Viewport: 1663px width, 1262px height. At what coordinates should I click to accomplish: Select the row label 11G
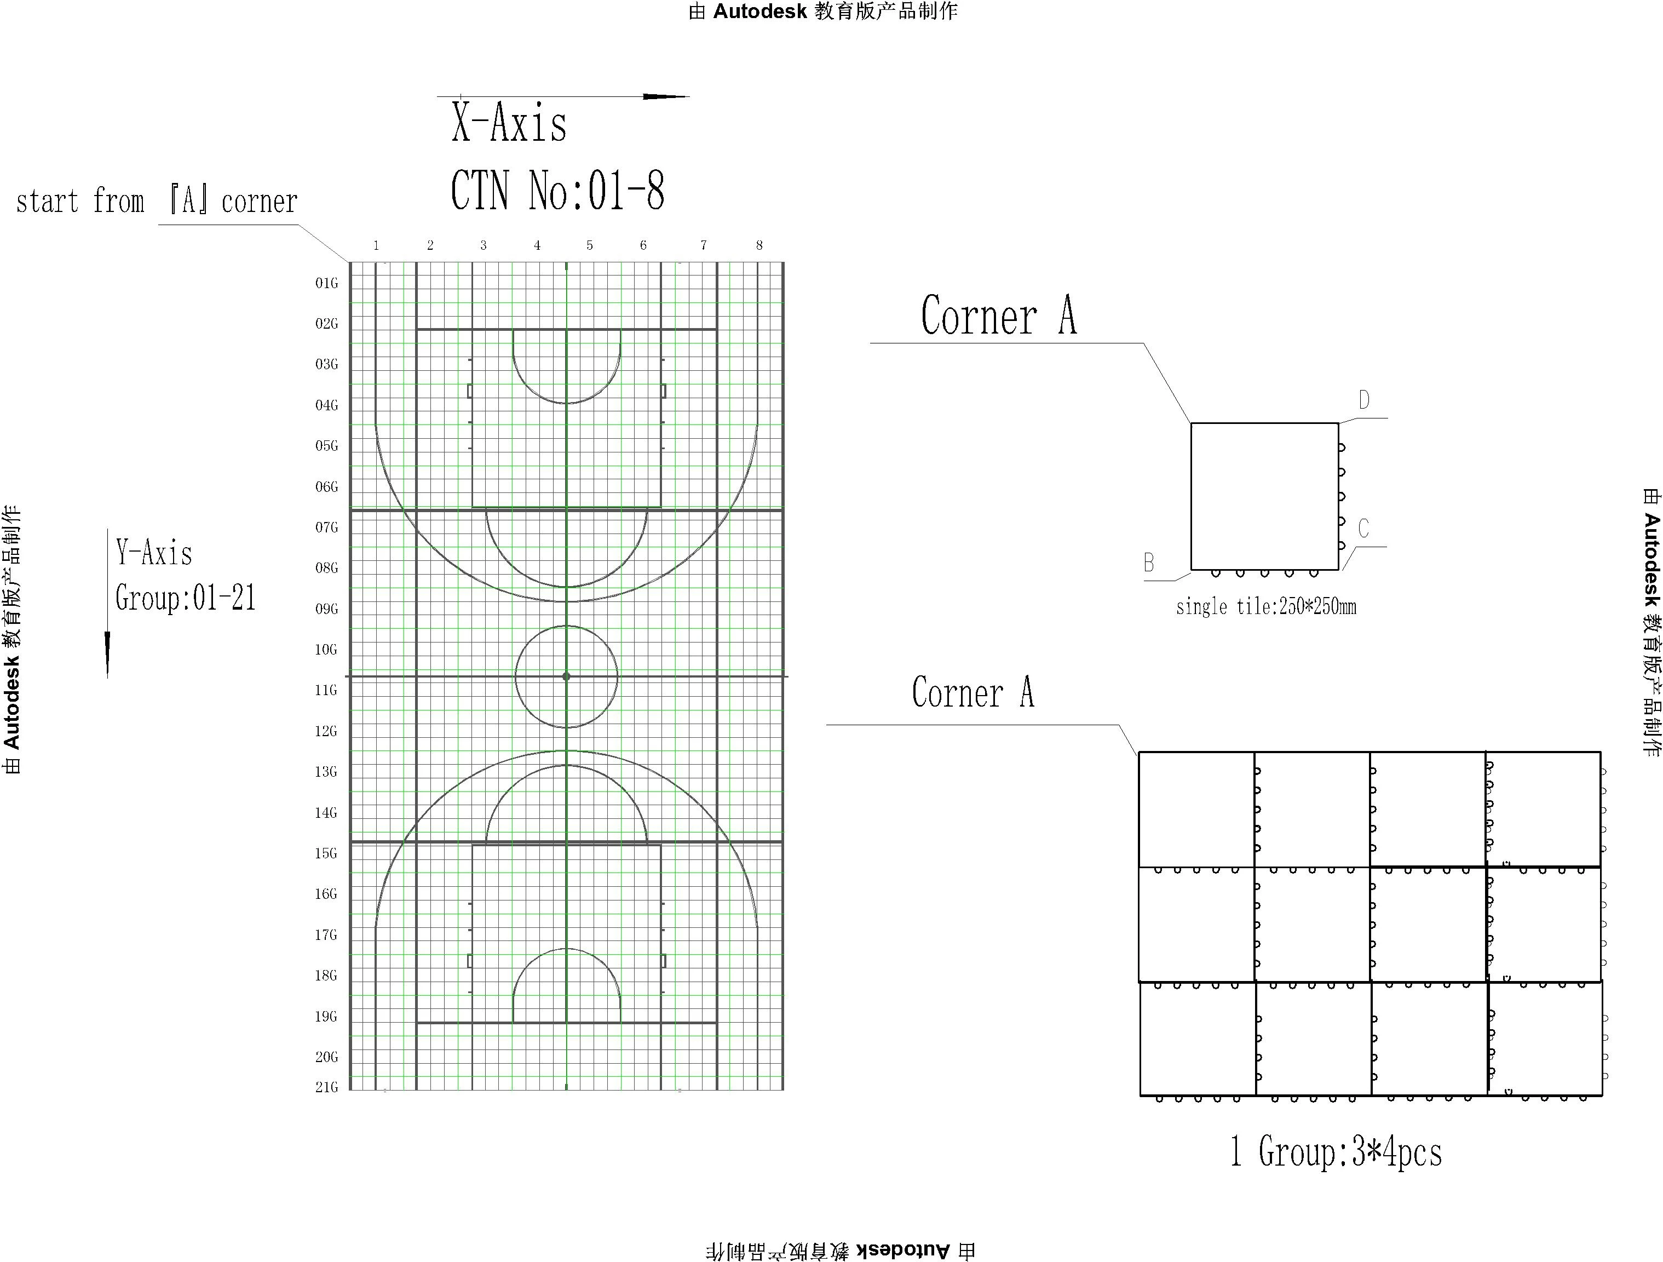(x=326, y=690)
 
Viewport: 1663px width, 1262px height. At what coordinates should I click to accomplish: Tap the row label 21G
(x=326, y=1087)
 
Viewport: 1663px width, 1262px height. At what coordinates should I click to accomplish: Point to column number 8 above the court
(x=759, y=245)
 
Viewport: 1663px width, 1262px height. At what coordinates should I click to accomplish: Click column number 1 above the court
(x=376, y=245)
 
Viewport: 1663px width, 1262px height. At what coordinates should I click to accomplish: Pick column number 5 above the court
(x=589, y=245)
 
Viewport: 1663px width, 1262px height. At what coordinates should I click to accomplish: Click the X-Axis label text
(x=509, y=124)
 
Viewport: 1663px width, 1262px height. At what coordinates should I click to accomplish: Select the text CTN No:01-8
(x=557, y=191)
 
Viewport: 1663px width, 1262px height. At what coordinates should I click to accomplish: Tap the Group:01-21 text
(x=186, y=599)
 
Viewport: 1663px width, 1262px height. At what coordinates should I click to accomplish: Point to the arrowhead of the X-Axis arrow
(x=665, y=96)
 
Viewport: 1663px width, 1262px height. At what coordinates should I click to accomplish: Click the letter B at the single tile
(x=1149, y=563)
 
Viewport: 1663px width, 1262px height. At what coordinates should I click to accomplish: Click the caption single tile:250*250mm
(x=1266, y=607)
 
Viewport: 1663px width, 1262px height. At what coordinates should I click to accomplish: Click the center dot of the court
(x=566, y=676)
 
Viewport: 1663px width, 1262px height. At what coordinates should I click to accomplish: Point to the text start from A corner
(x=157, y=202)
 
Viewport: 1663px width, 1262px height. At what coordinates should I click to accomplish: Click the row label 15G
(x=326, y=853)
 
